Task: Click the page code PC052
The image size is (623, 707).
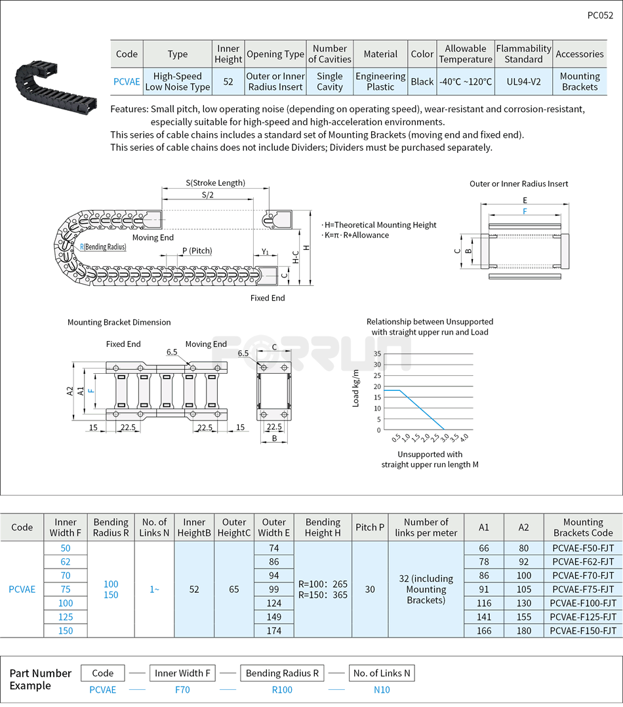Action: (599, 16)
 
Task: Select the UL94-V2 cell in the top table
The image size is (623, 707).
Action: (523, 81)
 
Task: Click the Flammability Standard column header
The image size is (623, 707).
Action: (523, 54)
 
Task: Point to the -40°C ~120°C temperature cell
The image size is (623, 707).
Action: (466, 81)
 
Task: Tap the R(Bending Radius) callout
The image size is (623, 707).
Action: (103, 247)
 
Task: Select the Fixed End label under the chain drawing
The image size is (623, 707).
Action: (268, 298)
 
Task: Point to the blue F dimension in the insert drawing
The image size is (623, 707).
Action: (525, 211)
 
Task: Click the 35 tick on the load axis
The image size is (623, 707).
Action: (377, 353)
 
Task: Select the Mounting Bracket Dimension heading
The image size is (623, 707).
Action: (119, 322)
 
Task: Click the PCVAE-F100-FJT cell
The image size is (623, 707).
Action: (582, 603)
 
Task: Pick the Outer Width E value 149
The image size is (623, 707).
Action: (273, 616)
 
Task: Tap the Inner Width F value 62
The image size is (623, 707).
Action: (65, 561)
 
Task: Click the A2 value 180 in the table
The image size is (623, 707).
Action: (523, 630)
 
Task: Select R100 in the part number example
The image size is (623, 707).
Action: (282, 689)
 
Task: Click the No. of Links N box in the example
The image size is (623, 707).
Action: (381, 673)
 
